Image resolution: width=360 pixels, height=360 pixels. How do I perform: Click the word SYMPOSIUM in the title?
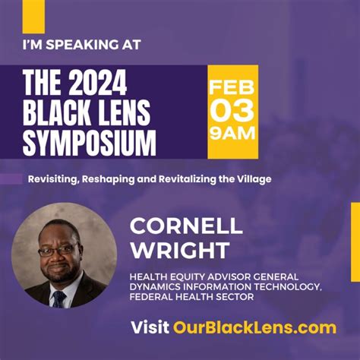[x=90, y=142]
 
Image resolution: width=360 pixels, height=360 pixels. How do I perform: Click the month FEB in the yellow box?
[x=232, y=84]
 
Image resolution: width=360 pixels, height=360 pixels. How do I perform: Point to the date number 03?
[x=232, y=111]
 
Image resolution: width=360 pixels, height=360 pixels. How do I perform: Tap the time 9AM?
[x=232, y=136]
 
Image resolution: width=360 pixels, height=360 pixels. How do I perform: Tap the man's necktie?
[x=58, y=296]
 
